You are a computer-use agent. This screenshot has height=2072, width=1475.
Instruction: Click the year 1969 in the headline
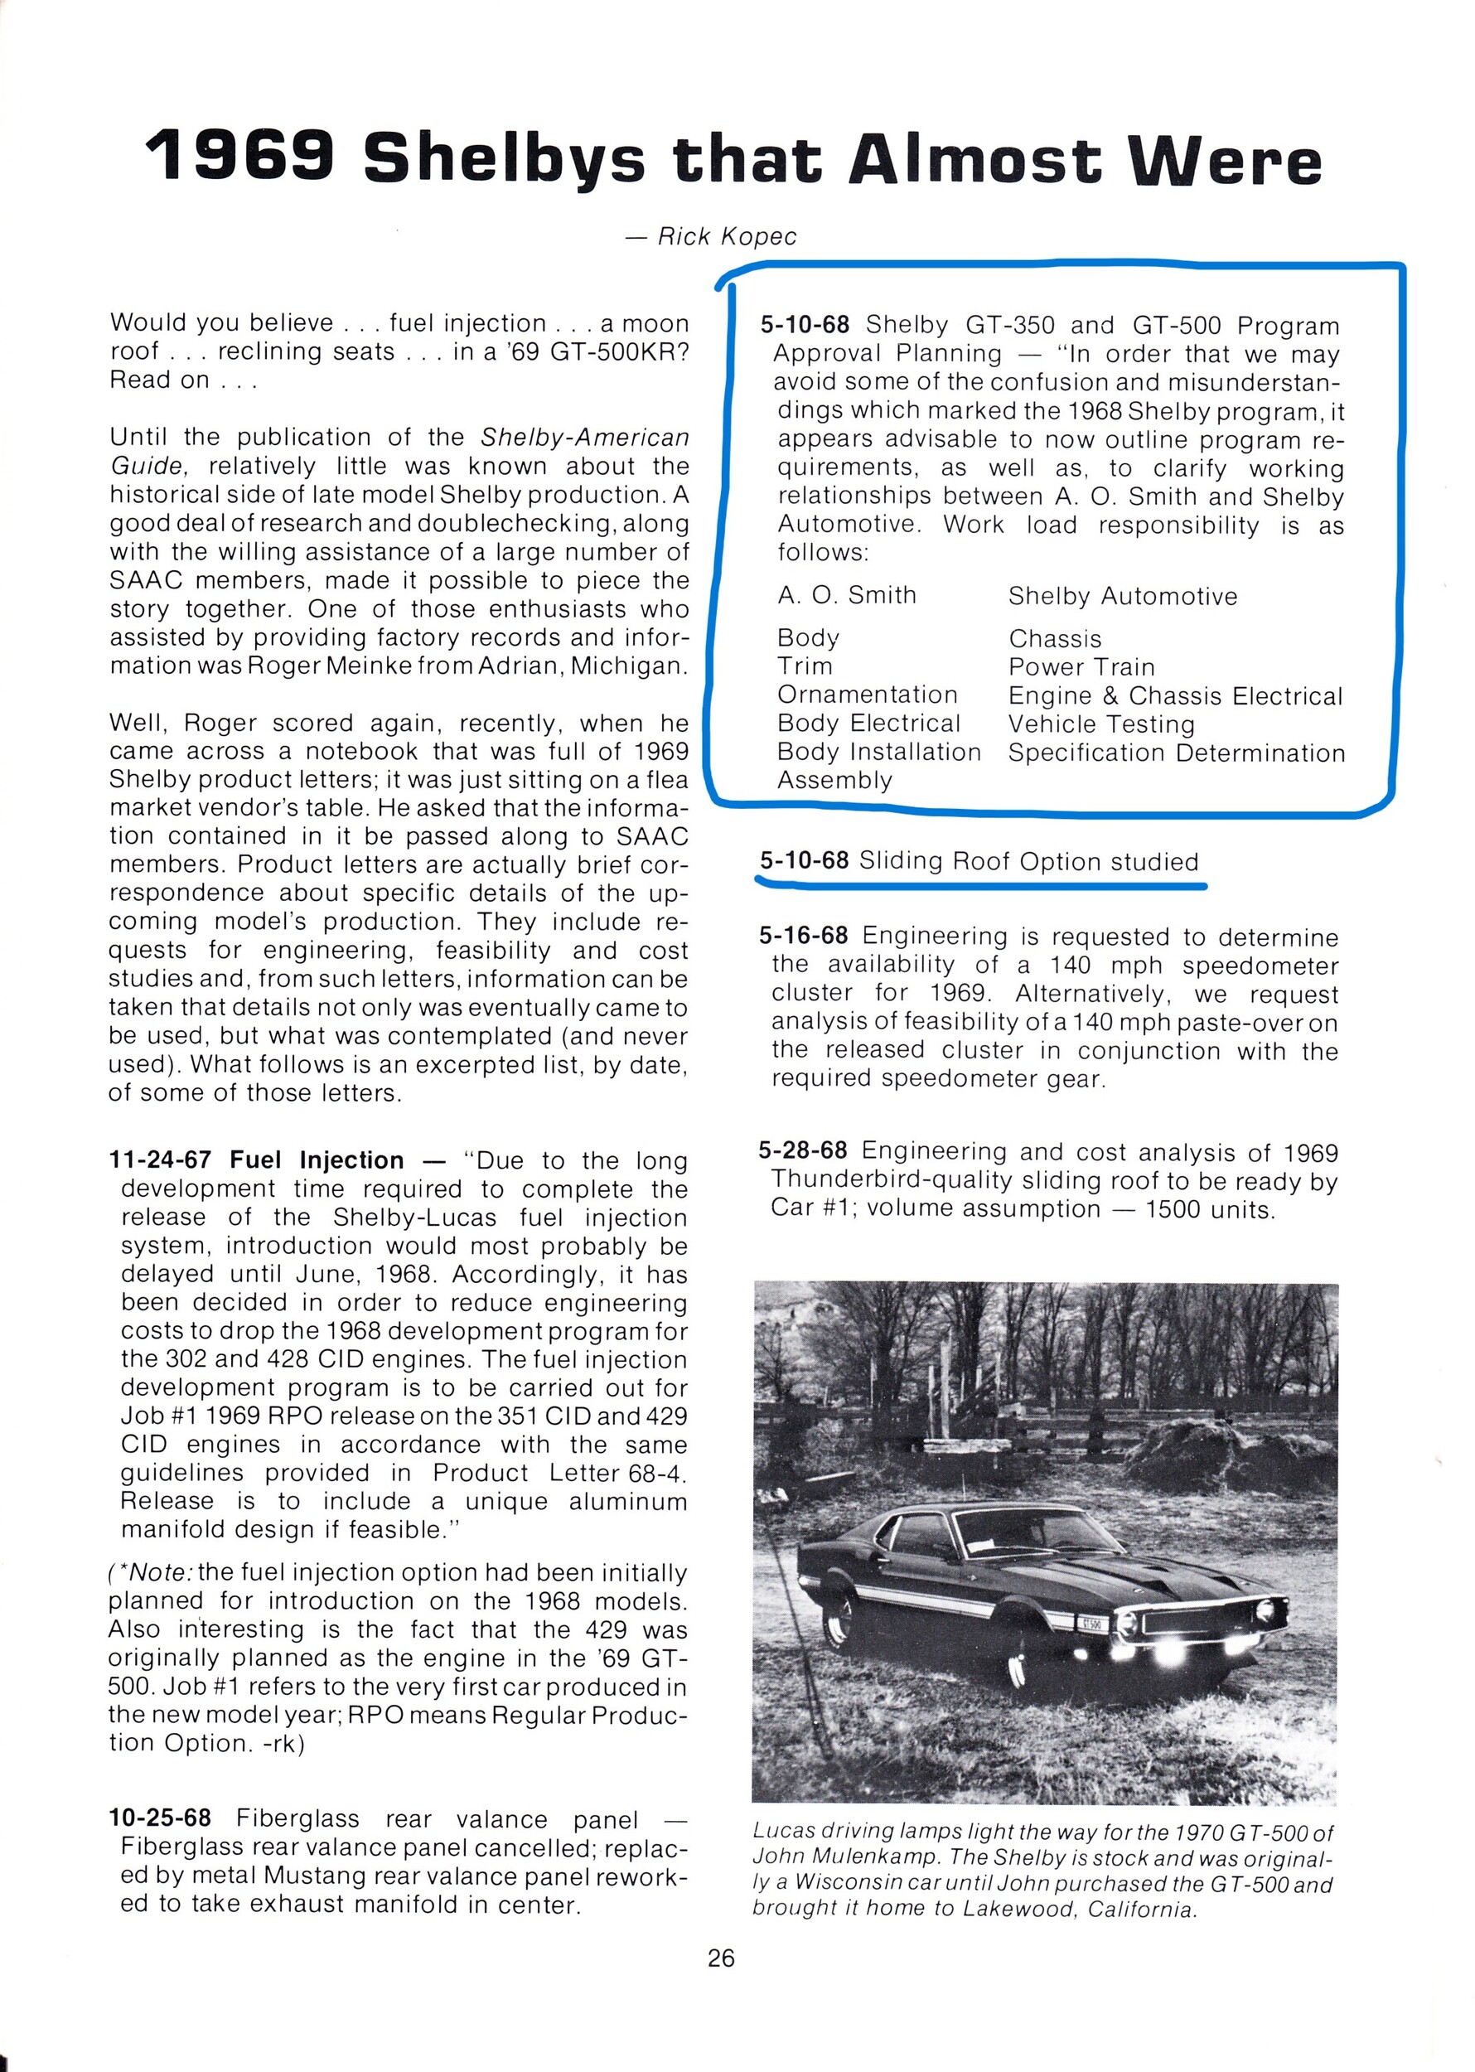coord(240,157)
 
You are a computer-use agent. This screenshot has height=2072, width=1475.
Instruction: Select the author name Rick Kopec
coord(727,237)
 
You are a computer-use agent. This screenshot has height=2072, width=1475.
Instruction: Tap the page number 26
coord(721,1958)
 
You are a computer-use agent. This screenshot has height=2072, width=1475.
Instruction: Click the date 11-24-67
coord(160,1160)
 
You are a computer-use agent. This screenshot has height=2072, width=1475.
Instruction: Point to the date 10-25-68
coord(160,1818)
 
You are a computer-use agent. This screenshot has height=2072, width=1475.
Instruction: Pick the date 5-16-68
coord(803,936)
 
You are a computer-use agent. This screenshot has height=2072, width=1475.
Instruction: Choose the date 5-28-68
coord(803,1151)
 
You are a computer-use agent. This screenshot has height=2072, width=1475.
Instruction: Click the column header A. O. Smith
coord(847,596)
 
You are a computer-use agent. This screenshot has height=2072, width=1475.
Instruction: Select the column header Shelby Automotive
coord(1123,597)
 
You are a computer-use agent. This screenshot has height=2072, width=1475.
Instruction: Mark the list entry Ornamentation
coord(868,695)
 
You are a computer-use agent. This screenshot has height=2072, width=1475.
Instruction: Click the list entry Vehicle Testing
coord(1100,725)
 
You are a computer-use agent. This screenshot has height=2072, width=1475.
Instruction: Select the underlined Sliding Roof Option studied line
coord(979,861)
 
